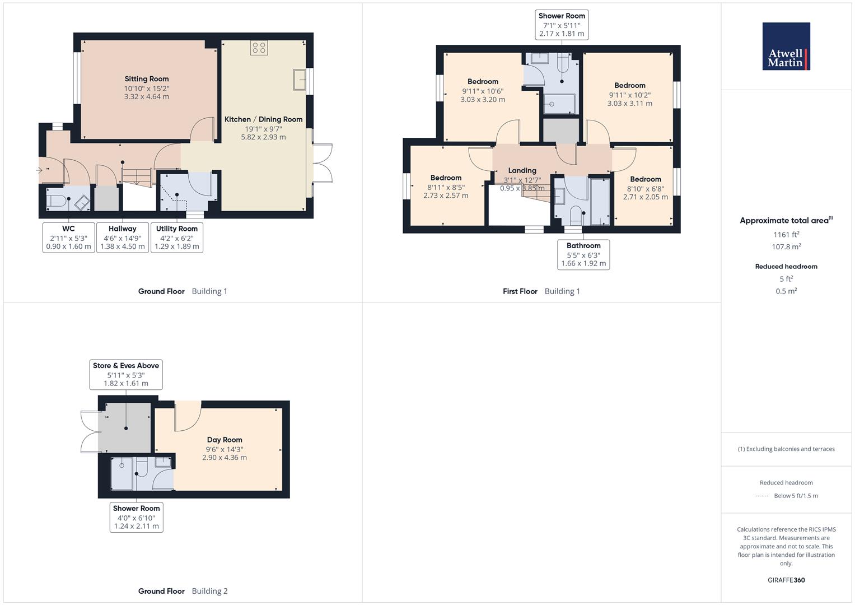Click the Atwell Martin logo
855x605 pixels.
786,46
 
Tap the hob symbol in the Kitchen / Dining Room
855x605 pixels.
259,48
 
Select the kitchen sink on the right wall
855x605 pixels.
299,80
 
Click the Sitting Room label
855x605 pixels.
147,79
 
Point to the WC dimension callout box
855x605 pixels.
68,238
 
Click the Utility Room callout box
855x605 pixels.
177,238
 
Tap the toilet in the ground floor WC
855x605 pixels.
58,202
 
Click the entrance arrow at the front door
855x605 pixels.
39,170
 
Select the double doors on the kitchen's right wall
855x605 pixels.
323,163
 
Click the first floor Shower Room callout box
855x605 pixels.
562,25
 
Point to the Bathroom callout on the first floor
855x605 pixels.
583,254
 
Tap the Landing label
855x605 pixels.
522,170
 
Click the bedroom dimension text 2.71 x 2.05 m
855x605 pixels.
646,197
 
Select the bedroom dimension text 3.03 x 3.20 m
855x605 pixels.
483,100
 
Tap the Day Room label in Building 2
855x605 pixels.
225,440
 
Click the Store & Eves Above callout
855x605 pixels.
126,374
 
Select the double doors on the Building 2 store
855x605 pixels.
90,432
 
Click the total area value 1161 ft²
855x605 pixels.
786,235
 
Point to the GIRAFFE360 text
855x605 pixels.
786,580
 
